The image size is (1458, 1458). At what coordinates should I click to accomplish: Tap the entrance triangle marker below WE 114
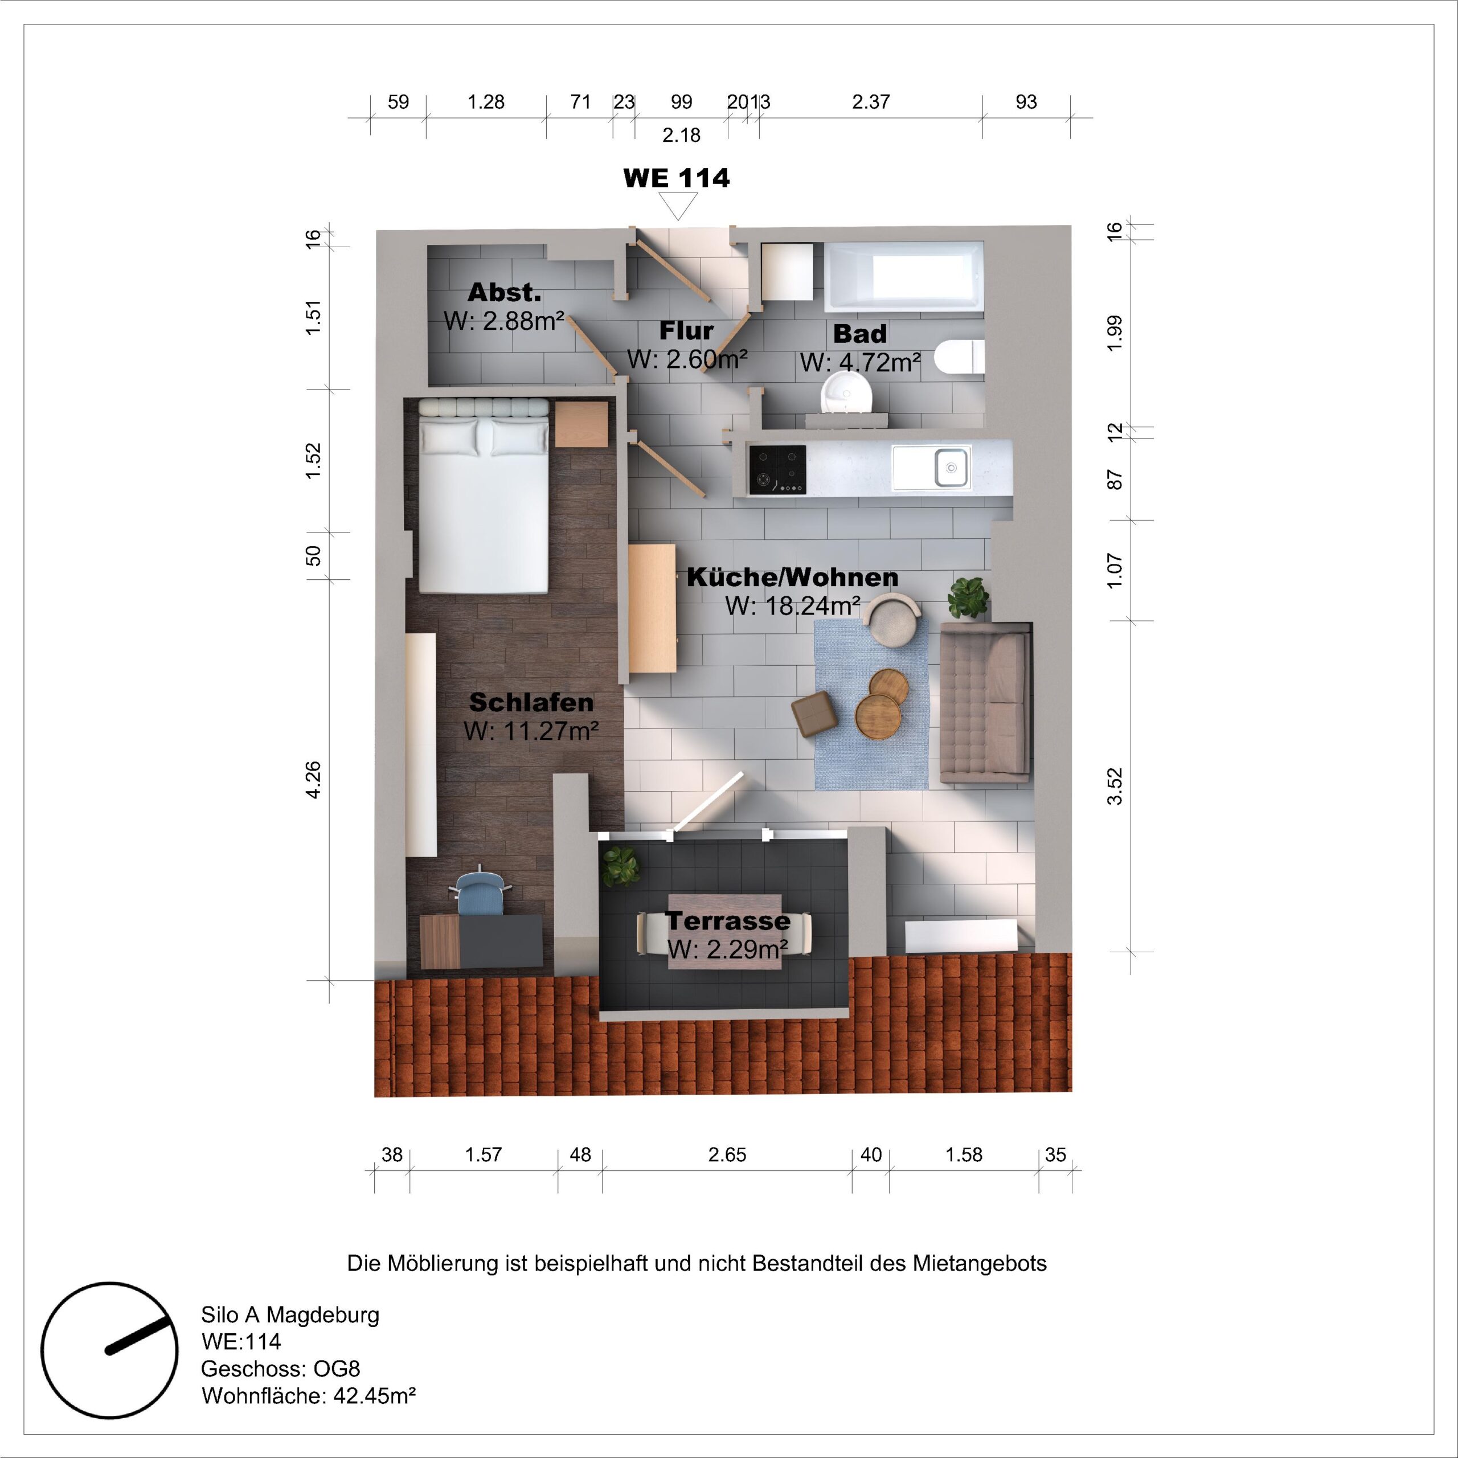[677, 204]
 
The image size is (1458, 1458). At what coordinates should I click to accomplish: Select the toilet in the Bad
[960, 357]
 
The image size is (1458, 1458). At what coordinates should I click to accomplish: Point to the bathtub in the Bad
[903, 276]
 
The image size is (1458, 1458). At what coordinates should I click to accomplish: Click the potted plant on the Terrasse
[620, 866]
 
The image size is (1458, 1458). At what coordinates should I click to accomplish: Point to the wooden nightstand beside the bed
[581, 424]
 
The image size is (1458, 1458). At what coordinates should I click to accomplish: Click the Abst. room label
[504, 292]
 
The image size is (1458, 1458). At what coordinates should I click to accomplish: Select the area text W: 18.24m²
[792, 606]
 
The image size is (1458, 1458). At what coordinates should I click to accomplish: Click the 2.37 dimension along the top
[871, 102]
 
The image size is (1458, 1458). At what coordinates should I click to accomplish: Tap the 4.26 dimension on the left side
[313, 780]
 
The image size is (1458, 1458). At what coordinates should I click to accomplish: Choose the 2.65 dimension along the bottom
[727, 1154]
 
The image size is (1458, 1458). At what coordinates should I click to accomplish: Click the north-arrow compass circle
[109, 1350]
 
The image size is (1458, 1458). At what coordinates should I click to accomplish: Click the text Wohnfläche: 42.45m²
[309, 1395]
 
